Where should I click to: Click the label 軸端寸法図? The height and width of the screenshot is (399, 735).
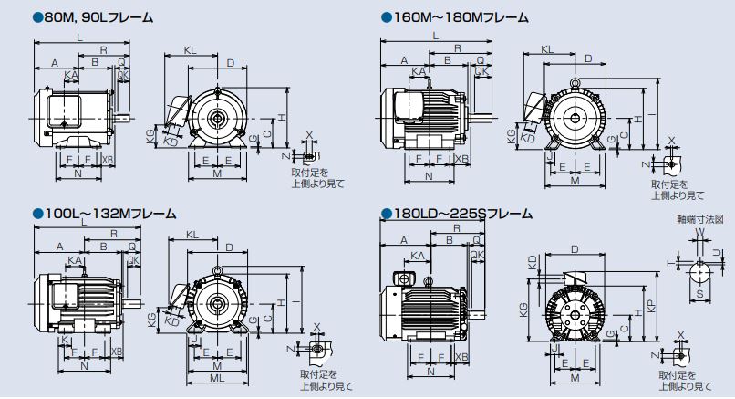point(698,220)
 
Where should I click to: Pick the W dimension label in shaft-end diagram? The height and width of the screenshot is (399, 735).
point(699,233)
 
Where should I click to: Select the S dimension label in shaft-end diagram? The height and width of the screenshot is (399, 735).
point(699,295)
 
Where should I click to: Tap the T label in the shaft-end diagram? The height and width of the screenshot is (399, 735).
point(671,261)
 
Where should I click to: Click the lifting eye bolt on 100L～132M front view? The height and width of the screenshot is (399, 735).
point(217,270)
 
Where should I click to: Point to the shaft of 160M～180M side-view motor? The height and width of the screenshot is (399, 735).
point(483,115)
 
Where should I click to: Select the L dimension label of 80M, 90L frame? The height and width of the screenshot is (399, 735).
point(80,37)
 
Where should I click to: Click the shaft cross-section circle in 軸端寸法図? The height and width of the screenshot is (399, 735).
point(699,271)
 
